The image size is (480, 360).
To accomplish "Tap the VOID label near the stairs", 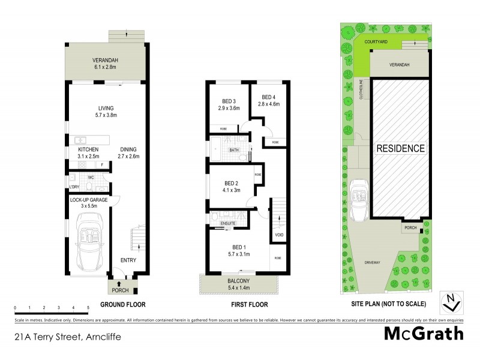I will tap(278, 235).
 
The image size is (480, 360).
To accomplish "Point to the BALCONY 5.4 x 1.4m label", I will tap(239, 283).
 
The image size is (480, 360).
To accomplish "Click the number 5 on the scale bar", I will tap(88, 307).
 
